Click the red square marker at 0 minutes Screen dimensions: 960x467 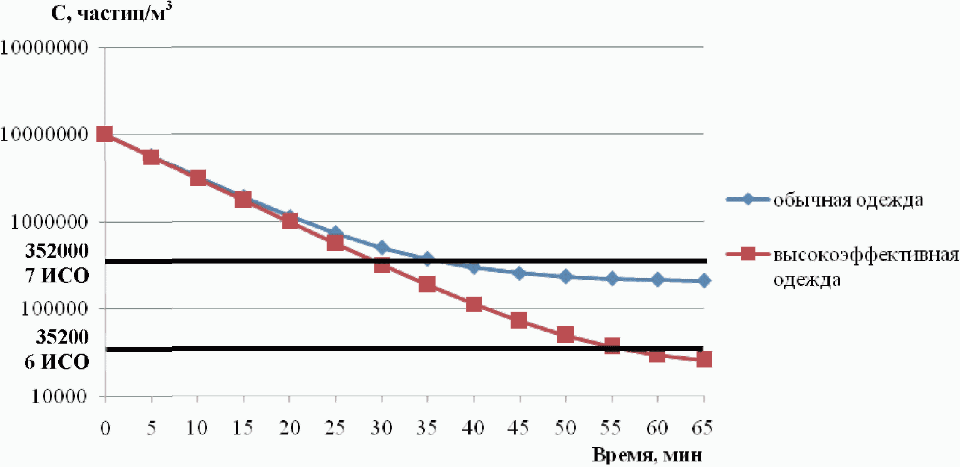point(105,134)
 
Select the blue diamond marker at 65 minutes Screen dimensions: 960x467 point(703,281)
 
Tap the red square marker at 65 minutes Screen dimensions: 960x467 point(703,359)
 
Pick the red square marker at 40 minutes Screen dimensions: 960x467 point(474,304)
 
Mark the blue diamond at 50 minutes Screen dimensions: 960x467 point(566,276)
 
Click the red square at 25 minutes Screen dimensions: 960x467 point(335,243)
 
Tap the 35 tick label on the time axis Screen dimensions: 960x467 point(427,428)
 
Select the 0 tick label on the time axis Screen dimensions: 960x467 point(105,428)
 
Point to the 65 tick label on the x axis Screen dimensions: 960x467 point(703,428)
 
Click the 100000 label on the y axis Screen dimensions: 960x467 point(54,309)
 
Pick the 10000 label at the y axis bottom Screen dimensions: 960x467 point(59,396)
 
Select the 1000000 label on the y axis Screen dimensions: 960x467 point(49,222)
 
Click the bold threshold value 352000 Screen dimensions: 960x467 point(57,251)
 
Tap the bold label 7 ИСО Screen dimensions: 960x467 point(57,275)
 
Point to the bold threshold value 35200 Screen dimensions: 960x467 point(62,337)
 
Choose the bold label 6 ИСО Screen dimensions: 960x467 point(57,362)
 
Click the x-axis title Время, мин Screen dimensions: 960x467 point(647,456)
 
